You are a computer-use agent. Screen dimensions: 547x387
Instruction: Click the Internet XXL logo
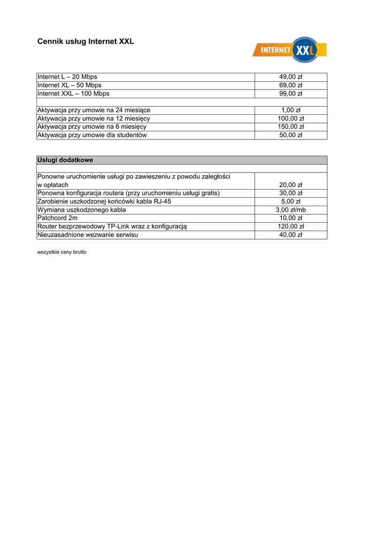289,50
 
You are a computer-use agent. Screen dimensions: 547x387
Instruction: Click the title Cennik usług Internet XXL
86,41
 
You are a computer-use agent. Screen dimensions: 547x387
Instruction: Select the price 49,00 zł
291,77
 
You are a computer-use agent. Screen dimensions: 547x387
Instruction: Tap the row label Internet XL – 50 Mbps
69,85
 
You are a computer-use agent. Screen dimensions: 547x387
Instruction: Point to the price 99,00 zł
291,93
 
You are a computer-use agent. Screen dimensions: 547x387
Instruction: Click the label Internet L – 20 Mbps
67,77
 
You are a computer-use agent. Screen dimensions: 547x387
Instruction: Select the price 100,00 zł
291,119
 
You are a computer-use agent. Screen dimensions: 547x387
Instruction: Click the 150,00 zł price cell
291,127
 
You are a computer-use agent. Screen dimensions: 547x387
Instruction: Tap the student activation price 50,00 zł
291,135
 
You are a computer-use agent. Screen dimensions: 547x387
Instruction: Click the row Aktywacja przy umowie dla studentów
92,135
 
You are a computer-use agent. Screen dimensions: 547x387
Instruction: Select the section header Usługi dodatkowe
65,160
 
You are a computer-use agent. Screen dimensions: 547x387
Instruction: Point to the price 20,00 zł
291,185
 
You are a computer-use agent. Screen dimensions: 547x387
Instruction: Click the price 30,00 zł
291,193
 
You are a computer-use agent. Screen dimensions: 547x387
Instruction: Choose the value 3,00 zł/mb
291,210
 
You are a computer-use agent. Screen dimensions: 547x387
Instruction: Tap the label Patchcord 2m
57,218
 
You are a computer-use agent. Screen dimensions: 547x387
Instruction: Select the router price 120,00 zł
291,226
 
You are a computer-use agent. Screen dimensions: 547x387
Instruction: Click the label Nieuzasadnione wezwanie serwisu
87,235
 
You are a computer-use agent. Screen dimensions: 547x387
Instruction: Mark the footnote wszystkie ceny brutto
61,252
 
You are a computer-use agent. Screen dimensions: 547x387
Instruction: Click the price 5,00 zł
291,201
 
